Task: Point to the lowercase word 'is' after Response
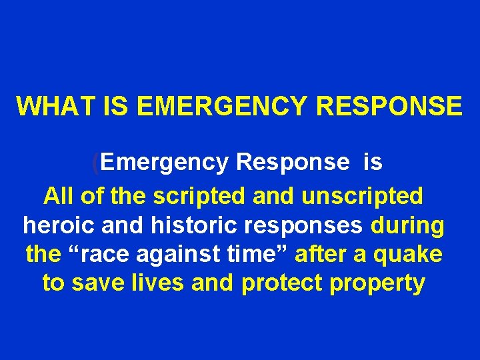373,161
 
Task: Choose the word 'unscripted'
363,196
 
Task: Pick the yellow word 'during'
407,226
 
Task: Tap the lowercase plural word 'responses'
300,227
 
